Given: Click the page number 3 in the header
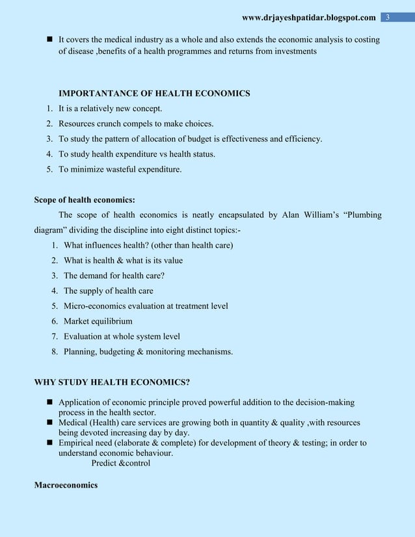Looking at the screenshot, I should (x=388, y=16).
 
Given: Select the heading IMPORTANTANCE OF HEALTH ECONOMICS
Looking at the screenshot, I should (x=154, y=94).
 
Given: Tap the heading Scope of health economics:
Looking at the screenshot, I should (x=85, y=200).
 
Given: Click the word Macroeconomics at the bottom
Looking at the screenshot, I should (x=66, y=485).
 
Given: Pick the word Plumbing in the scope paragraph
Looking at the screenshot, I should (x=362, y=215).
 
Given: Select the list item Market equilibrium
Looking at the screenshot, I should (x=98, y=321).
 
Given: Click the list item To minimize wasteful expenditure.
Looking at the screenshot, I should (x=120, y=170).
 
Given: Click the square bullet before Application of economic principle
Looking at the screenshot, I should (x=49, y=403).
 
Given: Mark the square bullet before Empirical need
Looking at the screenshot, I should (x=49, y=443).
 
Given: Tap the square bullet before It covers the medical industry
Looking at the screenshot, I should (x=49, y=40).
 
